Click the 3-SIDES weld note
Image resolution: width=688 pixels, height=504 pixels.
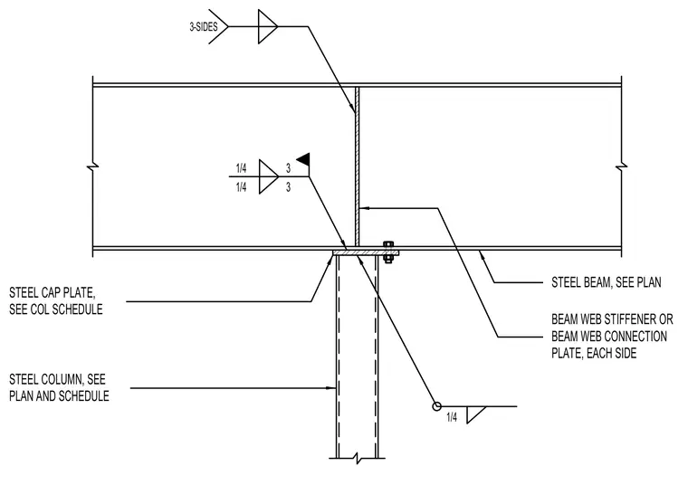pyautogui.click(x=204, y=27)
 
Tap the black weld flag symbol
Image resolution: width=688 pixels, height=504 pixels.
pyautogui.click(x=304, y=159)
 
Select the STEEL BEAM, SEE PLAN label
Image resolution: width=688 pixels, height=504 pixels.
pyautogui.click(x=606, y=282)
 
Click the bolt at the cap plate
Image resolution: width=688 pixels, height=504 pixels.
pyautogui.click(x=387, y=252)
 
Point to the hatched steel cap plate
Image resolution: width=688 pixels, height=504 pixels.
pyautogui.click(x=366, y=252)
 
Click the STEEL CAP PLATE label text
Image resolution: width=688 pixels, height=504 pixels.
pyautogui.click(x=56, y=301)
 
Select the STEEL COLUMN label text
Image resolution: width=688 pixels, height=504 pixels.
pyautogui.click(x=59, y=387)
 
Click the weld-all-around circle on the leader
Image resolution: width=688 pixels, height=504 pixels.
pyautogui.click(x=436, y=406)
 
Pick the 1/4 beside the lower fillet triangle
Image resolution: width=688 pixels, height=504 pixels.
pyautogui.click(x=452, y=417)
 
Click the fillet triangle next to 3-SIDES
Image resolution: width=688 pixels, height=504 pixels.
pyautogui.click(x=268, y=27)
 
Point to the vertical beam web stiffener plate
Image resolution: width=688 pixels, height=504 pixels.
pyautogui.click(x=358, y=166)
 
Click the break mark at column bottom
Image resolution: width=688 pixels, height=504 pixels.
pyautogui.click(x=358, y=459)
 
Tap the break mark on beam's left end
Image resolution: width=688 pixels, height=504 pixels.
pyautogui.click(x=93, y=166)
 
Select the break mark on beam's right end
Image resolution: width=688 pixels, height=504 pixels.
pyautogui.click(x=621, y=166)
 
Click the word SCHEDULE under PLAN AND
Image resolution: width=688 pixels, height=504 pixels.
pyautogui.click(x=83, y=396)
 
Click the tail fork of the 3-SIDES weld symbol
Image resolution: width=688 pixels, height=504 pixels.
pyautogui.click(x=218, y=27)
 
